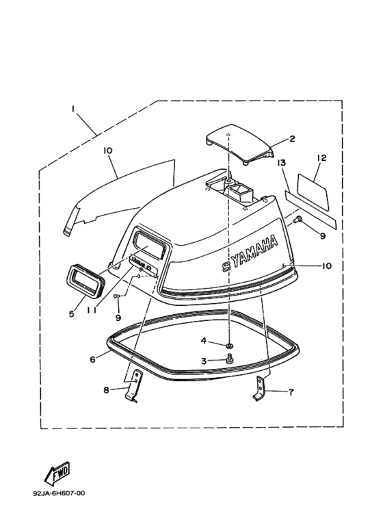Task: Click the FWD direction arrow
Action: (x=57, y=472)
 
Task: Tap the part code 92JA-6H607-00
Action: (x=59, y=493)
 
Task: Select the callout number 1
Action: (x=72, y=109)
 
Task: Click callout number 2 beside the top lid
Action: (x=292, y=139)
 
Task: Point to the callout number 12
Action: (x=321, y=157)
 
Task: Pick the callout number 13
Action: (x=282, y=163)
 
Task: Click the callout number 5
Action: (x=72, y=313)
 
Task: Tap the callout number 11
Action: (x=92, y=310)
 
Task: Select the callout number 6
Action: (x=92, y=359)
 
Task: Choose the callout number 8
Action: (x=106, y=390)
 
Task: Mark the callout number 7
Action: (x=291, y=392)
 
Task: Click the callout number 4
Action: (x=203, y=341)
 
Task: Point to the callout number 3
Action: (x=204, y=361)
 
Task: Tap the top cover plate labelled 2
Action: (x=239, y=144)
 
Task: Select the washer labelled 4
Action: (x=230, y=345)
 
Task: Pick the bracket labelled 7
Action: (x=260, y=388)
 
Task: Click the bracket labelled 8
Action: (x=135, y=385)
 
